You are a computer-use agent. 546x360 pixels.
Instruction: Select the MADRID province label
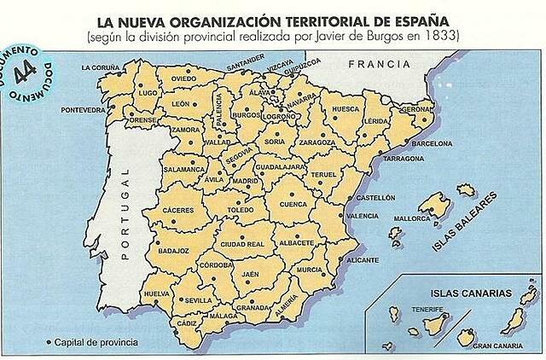(x=246, y=181)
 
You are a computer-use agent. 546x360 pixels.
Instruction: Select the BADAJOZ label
(x=173, y=251)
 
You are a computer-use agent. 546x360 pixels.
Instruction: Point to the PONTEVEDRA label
(x=83, y=110)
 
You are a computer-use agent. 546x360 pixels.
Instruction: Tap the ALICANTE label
(x=363, y=259)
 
